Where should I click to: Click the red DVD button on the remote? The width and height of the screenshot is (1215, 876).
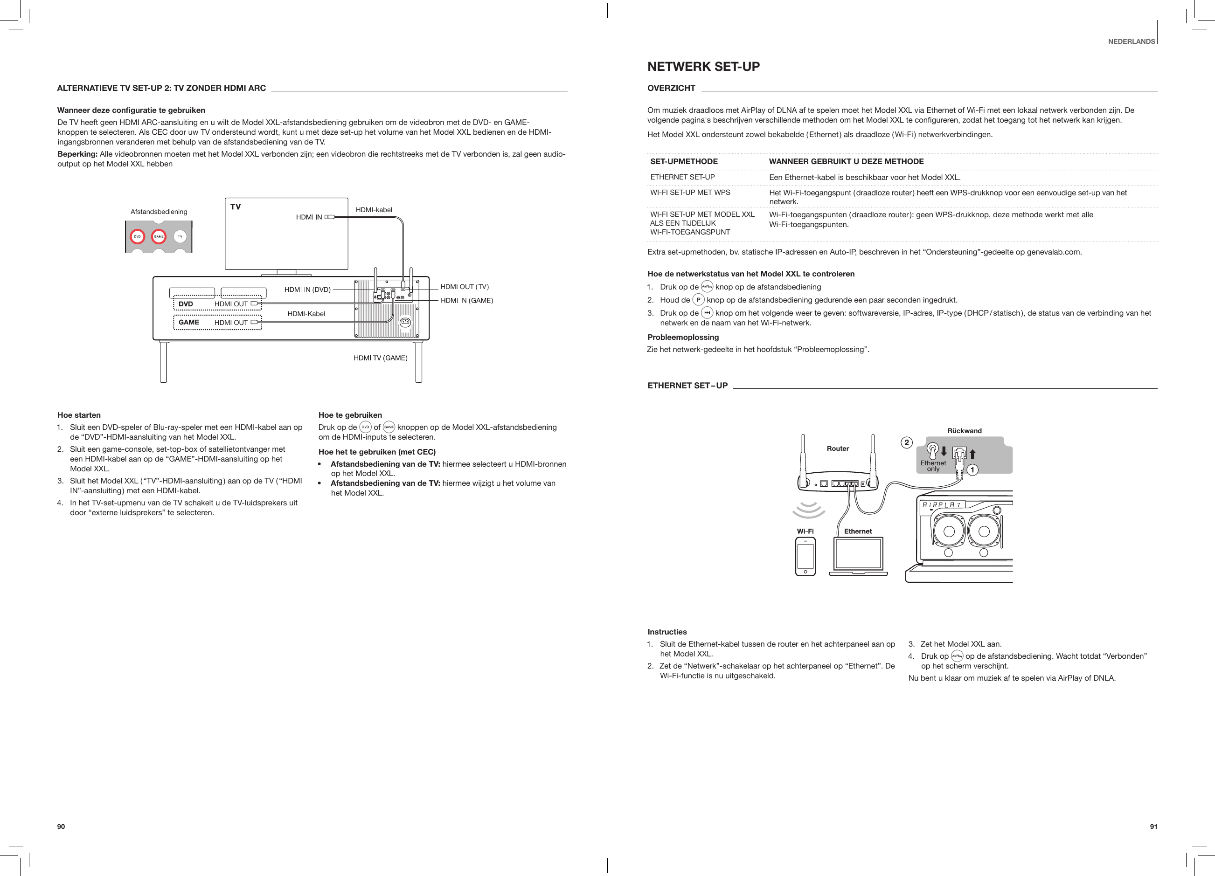point(138,237)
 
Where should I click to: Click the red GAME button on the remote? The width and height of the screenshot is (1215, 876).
point(159,237)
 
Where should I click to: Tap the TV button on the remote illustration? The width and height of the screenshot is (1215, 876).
point(180,237)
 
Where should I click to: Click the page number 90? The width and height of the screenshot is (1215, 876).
point(61,826)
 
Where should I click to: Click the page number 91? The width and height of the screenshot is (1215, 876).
point(1153,826)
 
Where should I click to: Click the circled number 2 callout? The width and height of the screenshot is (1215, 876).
point(906,442)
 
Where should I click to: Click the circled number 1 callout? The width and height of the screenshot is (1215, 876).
point(972,470)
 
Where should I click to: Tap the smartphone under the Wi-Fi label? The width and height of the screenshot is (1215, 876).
point(805,556)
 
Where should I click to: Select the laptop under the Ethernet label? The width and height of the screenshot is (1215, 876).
point(858,556)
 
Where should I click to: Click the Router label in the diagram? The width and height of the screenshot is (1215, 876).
point(838,448)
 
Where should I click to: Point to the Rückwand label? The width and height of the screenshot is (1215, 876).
point(964,431)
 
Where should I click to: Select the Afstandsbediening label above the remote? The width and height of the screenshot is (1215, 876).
point(159,212)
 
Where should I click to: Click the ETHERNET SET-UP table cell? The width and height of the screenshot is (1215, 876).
point(682,177)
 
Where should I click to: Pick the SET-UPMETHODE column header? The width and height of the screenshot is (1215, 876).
point(684,162)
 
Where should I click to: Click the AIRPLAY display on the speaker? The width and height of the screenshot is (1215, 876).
point(941,504)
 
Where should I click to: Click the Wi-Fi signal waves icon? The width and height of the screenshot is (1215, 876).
point(809,510)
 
